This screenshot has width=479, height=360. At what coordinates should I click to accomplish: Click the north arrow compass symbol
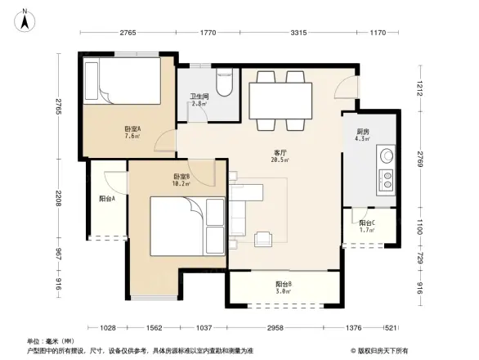25,18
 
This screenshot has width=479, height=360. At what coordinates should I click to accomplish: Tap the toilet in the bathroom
224,85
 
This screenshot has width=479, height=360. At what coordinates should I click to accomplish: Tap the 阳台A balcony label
107,198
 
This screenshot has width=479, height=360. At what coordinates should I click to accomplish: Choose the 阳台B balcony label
284,284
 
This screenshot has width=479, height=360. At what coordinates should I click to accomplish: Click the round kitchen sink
384,155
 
